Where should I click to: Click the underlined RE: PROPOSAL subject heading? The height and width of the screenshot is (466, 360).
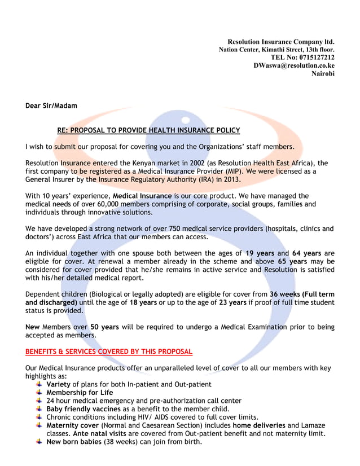(x=148, y=130)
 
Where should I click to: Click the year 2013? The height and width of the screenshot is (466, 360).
(x=230, y=179)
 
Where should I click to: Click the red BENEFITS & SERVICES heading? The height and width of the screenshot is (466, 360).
(x=109, y=351)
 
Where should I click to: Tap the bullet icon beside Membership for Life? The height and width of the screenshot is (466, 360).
(x=38, y=393)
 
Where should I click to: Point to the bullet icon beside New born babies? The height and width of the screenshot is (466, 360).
(x=38, y=442)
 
